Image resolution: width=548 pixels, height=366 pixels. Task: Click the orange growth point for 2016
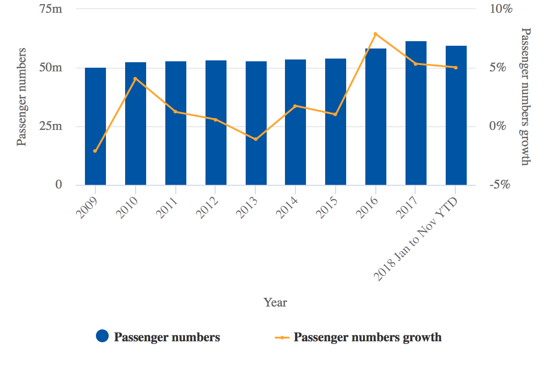click(x=375, y=34)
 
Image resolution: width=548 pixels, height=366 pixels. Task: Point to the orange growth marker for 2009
click(x=95, y=151)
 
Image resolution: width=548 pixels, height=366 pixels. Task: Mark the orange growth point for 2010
click(x=135, y=79)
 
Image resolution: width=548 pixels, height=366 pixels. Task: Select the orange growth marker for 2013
click(x=256, y=139)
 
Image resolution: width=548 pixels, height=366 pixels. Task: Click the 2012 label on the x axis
click(x=207, y=208)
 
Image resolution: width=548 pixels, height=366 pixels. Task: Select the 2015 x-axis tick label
click(x=327, y=208)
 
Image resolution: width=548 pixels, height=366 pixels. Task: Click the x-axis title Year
click(x=275, y=302)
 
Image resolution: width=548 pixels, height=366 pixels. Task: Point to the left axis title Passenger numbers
click(x=21, y=97)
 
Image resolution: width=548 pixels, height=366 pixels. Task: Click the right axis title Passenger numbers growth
click(x=526, y=97)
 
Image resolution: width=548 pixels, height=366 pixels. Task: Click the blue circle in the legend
click(x=102, y=336)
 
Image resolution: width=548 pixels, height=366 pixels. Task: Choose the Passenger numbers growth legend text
click(x=368, y=338)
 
